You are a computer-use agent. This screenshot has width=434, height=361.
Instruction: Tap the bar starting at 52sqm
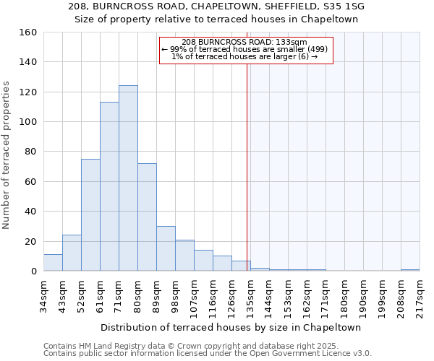pyautogui.click(x=90, y=215)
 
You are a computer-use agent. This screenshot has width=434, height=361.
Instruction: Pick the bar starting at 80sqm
pyautogui.click(x=147, y=217)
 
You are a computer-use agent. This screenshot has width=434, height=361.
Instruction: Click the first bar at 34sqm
pyautogui.click(x=53, y=263)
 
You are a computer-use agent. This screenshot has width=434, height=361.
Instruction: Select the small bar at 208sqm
pyautogui.click(x=410, y=270)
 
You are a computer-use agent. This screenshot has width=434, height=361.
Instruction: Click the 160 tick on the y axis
pyautogui.click(x=27, y=32)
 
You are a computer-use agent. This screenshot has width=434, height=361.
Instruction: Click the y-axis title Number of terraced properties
pyautogui.click(x=7, y=155)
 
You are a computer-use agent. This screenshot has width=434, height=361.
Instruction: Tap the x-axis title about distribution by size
pyautogui.click(x=231, y=328)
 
